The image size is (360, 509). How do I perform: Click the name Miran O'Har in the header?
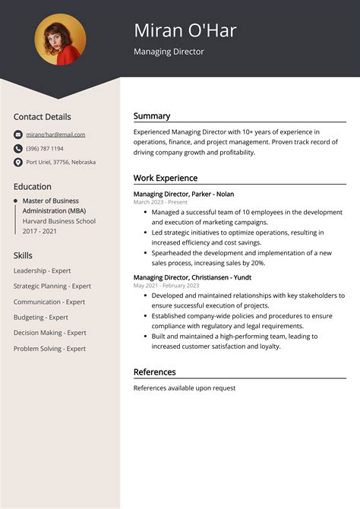pyautogui.click(x=185, y=30)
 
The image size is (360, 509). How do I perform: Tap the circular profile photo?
pyautogui.click(x=60, y=39)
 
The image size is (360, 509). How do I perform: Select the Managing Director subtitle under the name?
pyautogui.click(x=169, y=52)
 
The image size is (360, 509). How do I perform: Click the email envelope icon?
pyautogui.click(x=18, y=134)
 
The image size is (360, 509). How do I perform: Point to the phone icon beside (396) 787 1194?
pyautogui.click(x=18, y=148)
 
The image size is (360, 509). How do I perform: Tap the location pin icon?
pyautogui.click(x=18, y=162)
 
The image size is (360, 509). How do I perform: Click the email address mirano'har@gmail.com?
pyautogui.click(x=55, y=134)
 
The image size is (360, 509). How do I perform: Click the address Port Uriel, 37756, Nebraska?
pyautogui.click(x=61, y=162)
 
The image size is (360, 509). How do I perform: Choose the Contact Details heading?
pyautogui.click(x=42, y=117)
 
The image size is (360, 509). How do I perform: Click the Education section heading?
pyautogui.click(x=32, y=186)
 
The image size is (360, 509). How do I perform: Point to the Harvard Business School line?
pyautogui.click(x=59, y=221)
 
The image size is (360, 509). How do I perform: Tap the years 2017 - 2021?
pyautogui.click(x=40, y=232)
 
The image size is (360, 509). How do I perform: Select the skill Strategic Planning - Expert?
pyautogui.click(x=52, y=286)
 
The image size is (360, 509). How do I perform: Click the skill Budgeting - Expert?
pyautogui.click(x=40, y=318)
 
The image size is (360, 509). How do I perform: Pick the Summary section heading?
pyautogui.click(x=152, y=116)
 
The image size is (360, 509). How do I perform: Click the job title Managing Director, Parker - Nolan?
pyautogui.click(x=184, y=194)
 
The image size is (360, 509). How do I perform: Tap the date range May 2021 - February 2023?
pyautogui.click(x=166, y=286)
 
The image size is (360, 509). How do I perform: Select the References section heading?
pyautogui.click(x=154, y=372)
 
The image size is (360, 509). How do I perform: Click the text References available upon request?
pyautogui.click(x=185, y=388)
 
